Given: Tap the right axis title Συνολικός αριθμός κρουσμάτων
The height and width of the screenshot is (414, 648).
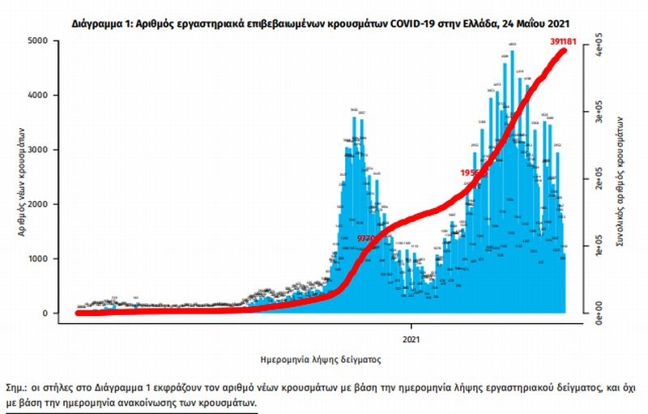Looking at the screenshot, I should click(619, 182).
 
